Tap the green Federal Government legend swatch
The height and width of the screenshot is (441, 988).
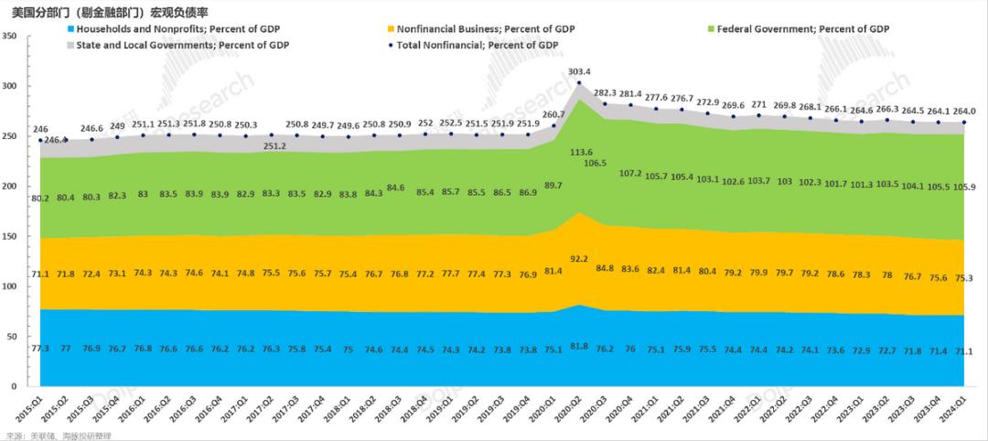(711, 29)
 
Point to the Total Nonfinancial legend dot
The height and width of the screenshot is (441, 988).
(391, 44)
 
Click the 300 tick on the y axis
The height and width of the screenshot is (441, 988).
(12, 86)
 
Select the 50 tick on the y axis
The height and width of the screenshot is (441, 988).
(14, 337)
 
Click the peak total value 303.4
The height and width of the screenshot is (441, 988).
(579, 71)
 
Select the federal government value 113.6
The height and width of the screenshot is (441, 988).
(579, 153)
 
